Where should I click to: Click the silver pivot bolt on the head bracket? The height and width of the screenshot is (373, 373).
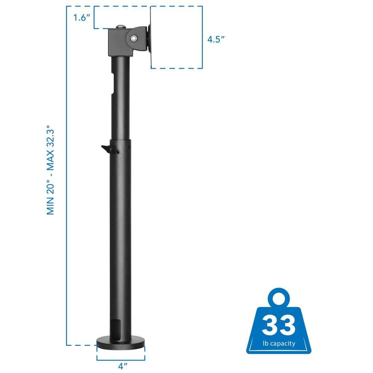tap(134, 37)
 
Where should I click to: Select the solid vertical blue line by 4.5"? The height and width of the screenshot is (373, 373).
tap(203, 37)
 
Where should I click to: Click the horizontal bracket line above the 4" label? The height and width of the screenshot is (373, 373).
tap(121, 360)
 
